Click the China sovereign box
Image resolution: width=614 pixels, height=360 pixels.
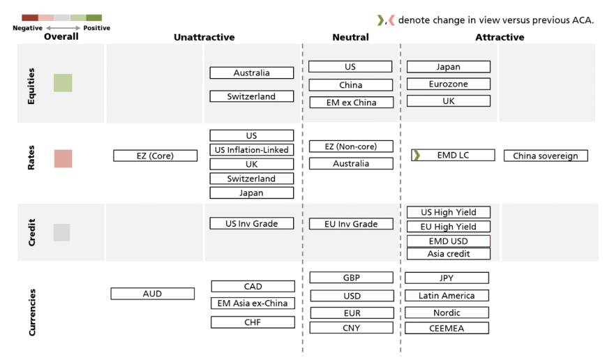point(546,156)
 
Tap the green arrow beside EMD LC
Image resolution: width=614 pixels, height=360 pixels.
point(416,155)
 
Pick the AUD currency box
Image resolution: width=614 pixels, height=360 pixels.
point(152,294)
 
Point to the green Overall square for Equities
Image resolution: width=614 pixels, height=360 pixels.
point(63,83)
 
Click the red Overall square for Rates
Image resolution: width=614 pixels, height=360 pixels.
point(63,158)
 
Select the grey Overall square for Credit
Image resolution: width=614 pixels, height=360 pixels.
point(61,232)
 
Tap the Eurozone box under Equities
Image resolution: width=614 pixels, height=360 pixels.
point(448,84)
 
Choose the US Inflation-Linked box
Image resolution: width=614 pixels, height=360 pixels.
point(251,149)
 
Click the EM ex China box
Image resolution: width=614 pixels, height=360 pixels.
point(350,102)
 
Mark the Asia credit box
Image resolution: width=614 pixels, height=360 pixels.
point(448,254)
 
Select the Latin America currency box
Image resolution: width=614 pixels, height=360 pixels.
point(447,295)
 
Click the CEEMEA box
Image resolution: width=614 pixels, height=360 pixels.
point(447,328)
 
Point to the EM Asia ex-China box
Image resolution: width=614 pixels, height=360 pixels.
point(252,303)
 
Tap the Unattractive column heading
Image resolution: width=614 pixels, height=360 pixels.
point(204,37)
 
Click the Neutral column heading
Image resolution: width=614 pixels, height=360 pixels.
point(350,37)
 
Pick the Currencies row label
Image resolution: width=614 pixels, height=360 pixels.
point(32,312)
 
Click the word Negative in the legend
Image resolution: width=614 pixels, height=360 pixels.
point(28,28)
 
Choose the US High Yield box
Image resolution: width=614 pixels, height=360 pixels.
point(448,212)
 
